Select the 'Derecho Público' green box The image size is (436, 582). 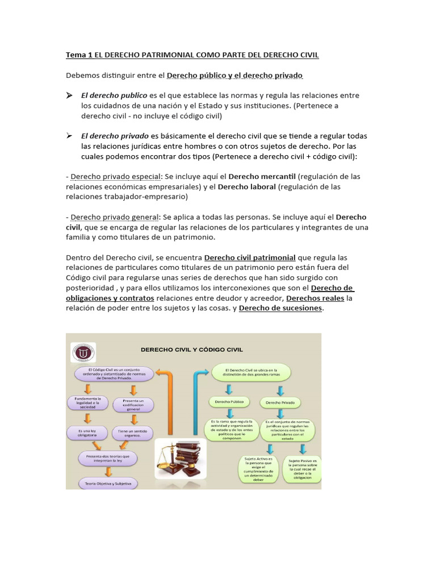tap(229, 402)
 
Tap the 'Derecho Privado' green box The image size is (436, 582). tap(280, 402)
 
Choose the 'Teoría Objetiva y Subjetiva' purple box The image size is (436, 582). tap(108, 484)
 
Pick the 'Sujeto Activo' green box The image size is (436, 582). tap(258, 468)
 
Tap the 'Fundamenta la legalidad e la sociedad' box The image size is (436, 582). tap(87, 403)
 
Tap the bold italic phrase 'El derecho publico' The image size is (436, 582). tap(114, 95)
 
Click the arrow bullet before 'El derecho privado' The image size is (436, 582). tap(69, 136)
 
